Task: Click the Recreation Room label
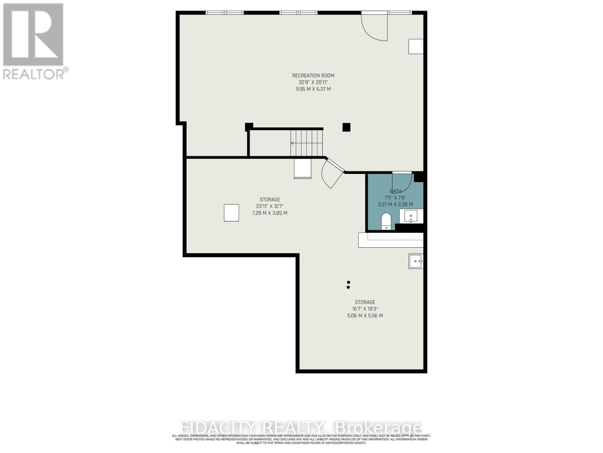click(x=313, y=75)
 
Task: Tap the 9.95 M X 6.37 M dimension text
click(x=313, y=89)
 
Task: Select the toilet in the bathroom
click(x=386, y=221)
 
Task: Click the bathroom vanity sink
click(x=410, y=217)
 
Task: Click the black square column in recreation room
click(x=346, y=127)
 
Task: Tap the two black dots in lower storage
click(x=348, y=285)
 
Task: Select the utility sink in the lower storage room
click(x=416, y=261)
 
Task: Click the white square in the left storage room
click(x=231, y=213)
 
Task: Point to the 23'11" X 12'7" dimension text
click(x=269, y=206)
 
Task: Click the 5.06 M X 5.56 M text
click(x=365, y=316)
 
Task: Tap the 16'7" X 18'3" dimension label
click(x=365, y=309)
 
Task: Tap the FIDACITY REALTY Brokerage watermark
click(x=301, y=428)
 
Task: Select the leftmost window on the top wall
click(x=225, y=13)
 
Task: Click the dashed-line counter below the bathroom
click(x=391, y=240)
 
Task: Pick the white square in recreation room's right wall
click(x=416, y=46)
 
